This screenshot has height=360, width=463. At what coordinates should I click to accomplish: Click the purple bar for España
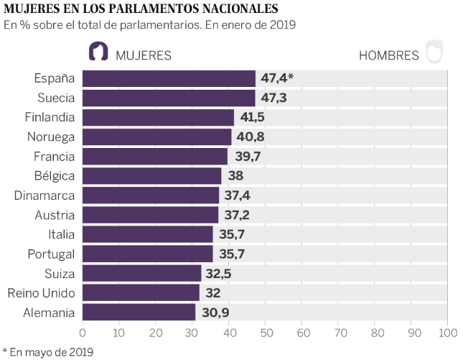click(x=169, y=78)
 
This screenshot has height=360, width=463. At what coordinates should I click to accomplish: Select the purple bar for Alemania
click(x=139, y=312)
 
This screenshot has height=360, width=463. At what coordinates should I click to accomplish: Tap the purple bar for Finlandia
click(x=158, y=117)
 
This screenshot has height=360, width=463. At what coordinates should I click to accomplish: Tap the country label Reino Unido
click(x=41, y=292)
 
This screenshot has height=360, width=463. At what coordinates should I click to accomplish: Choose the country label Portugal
click(x=51, y=254)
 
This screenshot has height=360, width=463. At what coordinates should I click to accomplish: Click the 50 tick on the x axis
click(x=266, y=333)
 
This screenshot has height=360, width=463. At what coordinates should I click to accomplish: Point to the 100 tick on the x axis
click(x=447, y=333)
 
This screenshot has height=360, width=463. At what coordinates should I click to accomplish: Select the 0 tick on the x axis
click(x=83, y=333)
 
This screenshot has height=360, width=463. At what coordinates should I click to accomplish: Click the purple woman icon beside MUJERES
click(x=98, y=52)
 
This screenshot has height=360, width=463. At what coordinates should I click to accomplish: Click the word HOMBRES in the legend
click(x=388, y=55)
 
